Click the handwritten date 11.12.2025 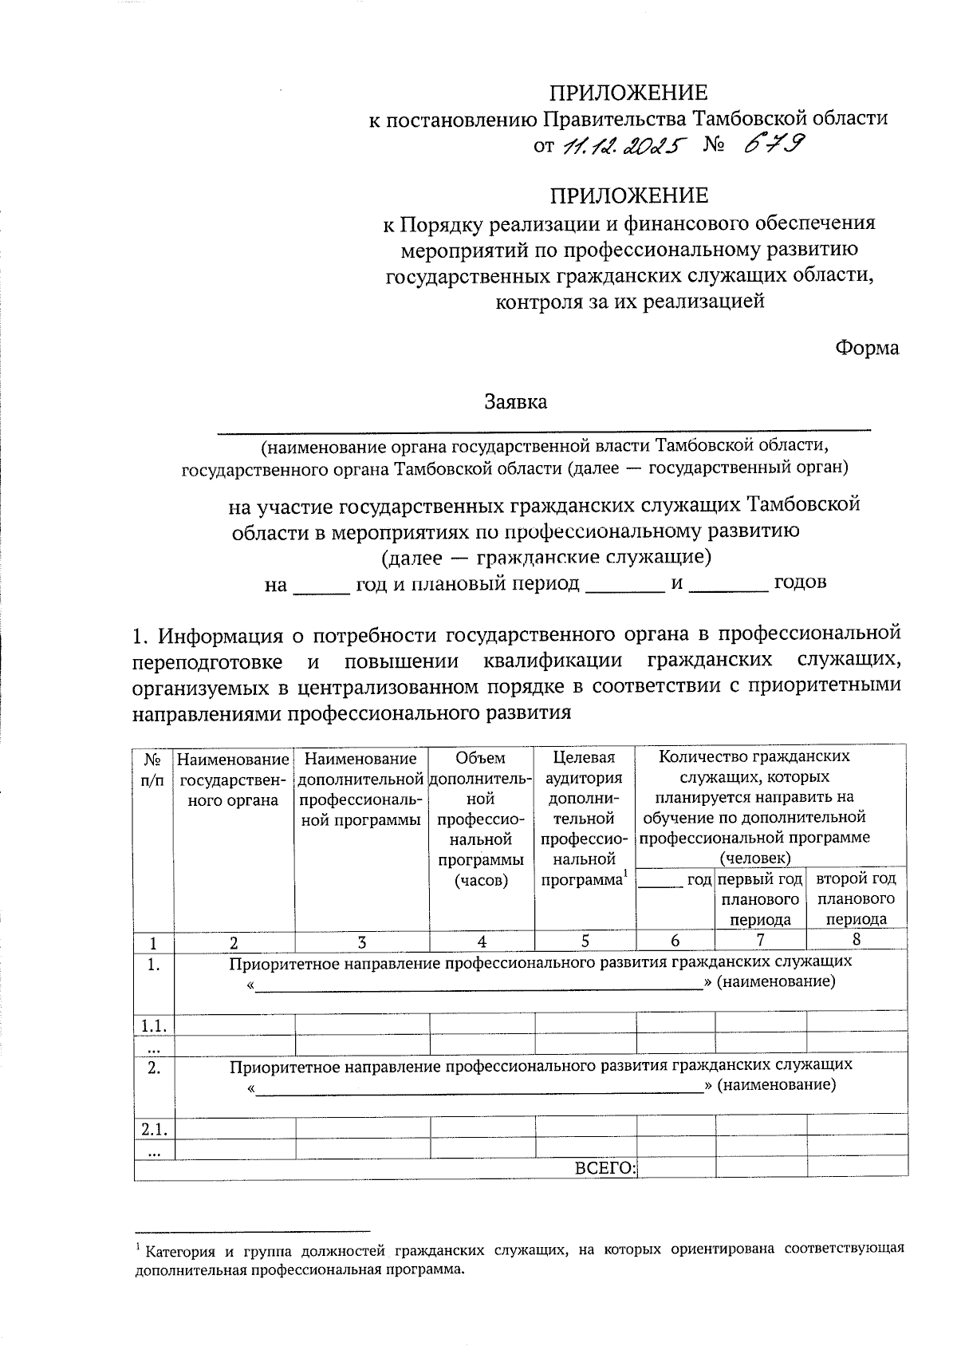[623, 146]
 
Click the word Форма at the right [867, 348]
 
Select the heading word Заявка [516, 401]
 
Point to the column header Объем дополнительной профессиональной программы [481, 819]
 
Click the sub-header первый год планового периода [760, 898]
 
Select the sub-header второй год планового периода [857, 898]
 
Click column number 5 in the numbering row [585, 941]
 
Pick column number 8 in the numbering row [857, 940]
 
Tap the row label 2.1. [153, 1128]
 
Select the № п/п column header [153, 768]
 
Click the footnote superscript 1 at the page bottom [139, 1246]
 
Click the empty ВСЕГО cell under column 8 [857, 1168]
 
